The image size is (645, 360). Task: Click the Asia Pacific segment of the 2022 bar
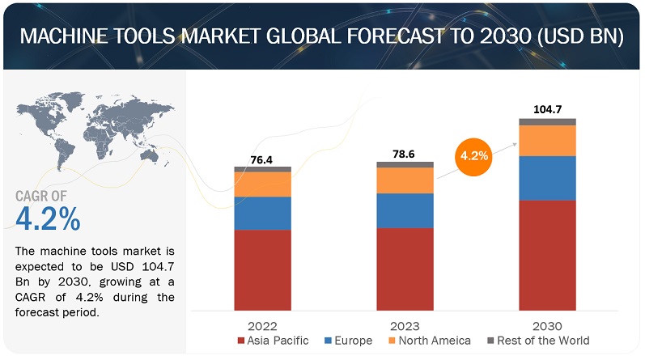(263, 269)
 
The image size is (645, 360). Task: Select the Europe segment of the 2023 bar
(405, 210)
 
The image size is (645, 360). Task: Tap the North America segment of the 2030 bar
(547, 141)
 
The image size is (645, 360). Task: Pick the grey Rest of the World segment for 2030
(547, 122)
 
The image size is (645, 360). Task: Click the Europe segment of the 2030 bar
(547, 178)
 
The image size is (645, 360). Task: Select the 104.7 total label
(547, 107)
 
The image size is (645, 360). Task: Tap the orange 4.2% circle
(473, 155)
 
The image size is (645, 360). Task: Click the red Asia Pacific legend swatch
(240, 341)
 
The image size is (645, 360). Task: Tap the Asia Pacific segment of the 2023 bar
(405, 269)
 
